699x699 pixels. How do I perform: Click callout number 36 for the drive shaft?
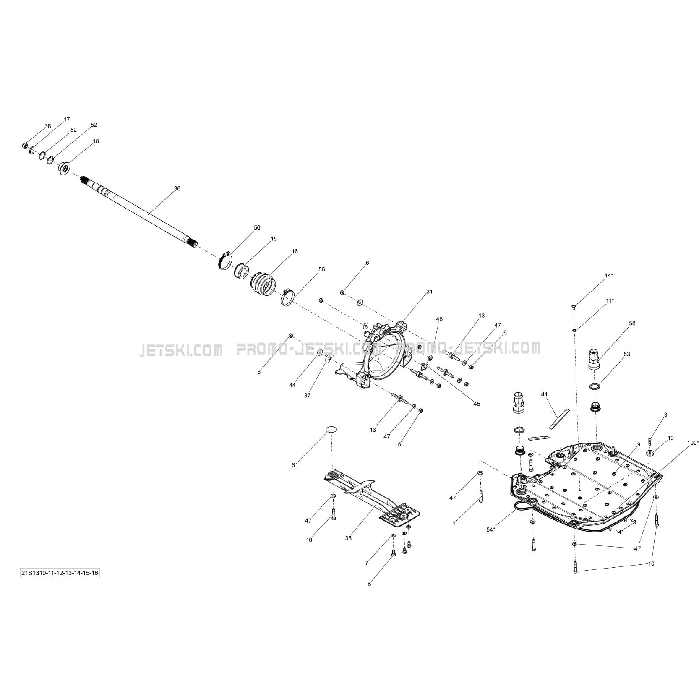click(x=177, y=189)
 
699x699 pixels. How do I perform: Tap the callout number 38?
click(x=47, y=126)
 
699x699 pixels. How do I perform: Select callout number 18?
click(x=96, y=141)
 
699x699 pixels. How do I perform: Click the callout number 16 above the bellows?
click(x=295, y=251)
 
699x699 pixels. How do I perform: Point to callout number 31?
click(x=429, y=292)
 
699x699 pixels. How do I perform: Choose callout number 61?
click(x=295, y=465)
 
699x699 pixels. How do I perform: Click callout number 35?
click(x=348, y=538)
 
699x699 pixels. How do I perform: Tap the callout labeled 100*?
click(x=693, y=443)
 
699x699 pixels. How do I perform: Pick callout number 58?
click(x=632, y=323)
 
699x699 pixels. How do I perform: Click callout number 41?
click(x=544, y=394)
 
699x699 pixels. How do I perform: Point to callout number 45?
click(x=477, y=404)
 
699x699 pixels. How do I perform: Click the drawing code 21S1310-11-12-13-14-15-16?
click(x=60, y=573)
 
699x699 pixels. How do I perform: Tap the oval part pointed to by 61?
click(x=331, y=429)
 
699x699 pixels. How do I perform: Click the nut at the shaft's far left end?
click(x=25, y=146)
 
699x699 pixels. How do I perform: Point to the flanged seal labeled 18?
click(x=65, y=169)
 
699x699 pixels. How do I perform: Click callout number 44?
click(x=292, y=385)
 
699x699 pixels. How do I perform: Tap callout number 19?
click(x=671, y=438)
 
